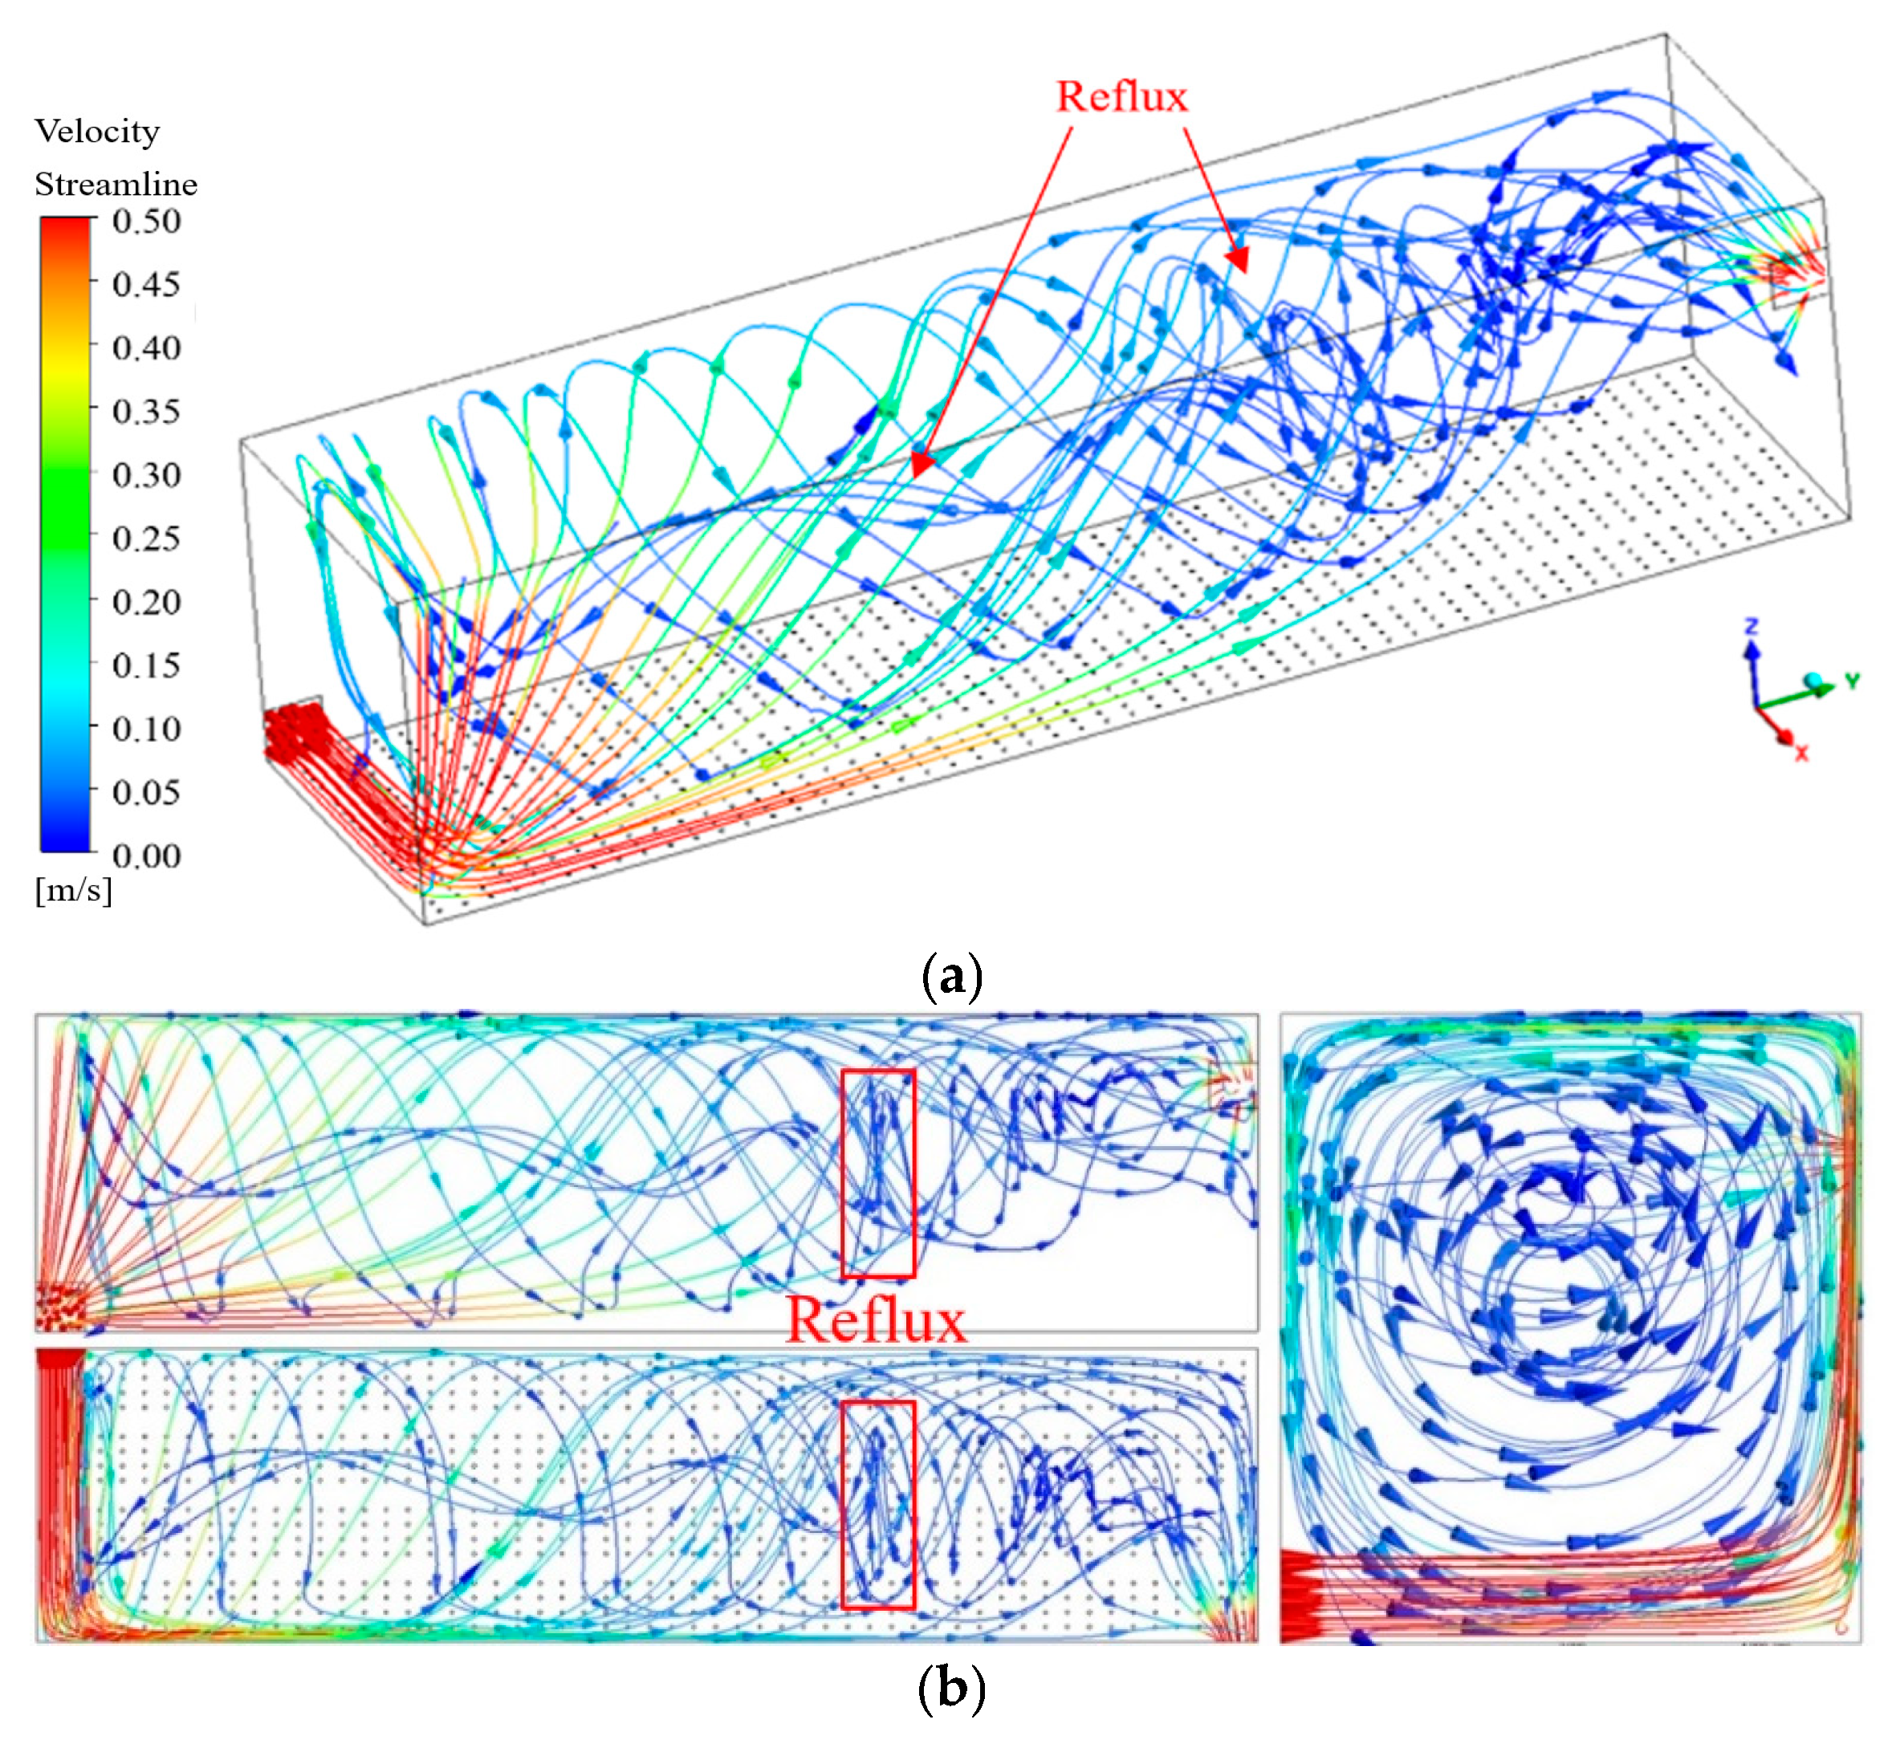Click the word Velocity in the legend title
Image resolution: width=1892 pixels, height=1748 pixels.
(x=97, y=132)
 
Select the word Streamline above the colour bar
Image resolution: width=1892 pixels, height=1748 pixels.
(x=116, y=184)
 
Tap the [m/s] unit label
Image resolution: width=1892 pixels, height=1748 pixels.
(x=73, y=890)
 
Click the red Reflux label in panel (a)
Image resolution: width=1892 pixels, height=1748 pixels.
(x=1121, y=97)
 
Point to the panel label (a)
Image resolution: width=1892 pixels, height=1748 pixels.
(x=950, y=975)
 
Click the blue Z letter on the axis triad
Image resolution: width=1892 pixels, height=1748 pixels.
(x=1751, y=626)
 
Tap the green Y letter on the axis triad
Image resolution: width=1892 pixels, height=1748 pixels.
(x=1851, y=680)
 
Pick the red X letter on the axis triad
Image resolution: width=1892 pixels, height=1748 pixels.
(x=1801, y=753)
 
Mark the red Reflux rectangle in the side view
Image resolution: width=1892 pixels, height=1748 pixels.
(x=878, y=1173)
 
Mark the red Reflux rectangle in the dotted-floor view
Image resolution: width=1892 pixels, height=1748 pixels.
(x=878, y=1504)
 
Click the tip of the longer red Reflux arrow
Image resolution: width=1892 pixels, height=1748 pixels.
(x=915, y=476)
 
